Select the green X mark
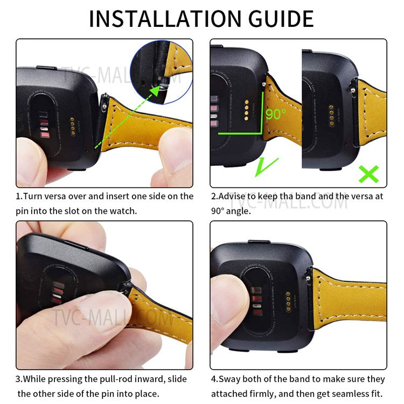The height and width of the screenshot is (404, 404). click(369, 173)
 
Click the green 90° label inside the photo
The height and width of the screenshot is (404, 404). click(276, 114)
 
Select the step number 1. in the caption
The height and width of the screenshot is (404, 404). click(19, 196)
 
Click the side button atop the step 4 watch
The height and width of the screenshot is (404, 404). click(259, 241)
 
